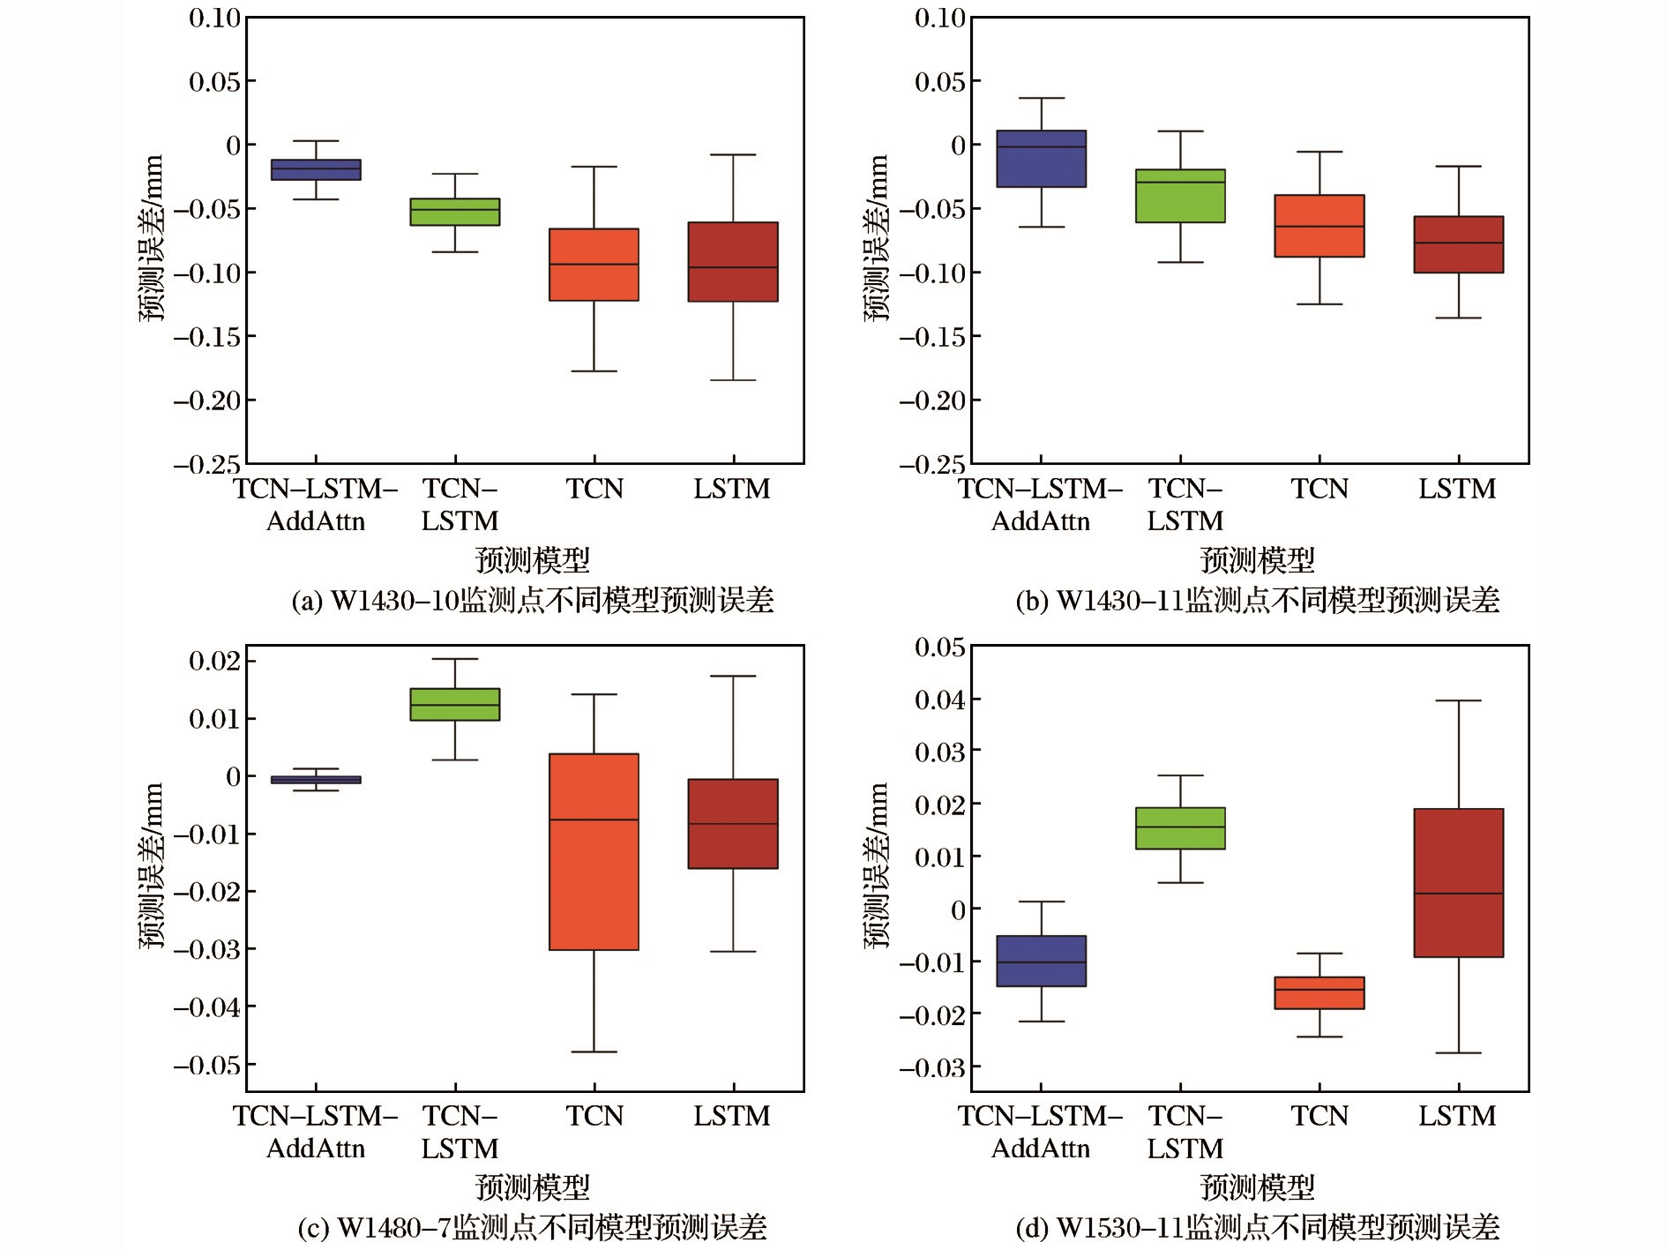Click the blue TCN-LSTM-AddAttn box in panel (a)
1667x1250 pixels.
tap(316, 169)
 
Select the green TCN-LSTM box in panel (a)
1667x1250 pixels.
tap(455, 212)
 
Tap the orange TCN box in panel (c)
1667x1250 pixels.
tap(594, 851)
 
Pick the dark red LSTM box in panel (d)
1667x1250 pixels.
tap(1458, 882)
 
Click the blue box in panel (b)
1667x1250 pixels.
tap(1041, 159)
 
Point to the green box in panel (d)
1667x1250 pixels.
tap(1180, 828)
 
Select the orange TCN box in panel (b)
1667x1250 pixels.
tap(1319, 226)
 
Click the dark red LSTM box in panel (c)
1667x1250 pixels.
tap(733, 824)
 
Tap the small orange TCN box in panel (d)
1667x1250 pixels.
tap(1319, 992)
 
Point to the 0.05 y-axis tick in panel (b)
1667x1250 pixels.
tap(940, 82)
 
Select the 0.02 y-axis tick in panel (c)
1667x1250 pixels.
tap(214, 661)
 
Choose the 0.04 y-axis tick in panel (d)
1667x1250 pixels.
tap(940, 700)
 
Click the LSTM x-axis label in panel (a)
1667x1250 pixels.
tap(732, 489)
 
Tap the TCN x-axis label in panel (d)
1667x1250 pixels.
tap(1319, 1116)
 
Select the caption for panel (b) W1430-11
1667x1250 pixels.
tap(1257, 601)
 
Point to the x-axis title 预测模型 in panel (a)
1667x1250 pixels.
tap(532, 560)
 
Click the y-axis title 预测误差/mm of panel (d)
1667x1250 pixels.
tap(877, 865)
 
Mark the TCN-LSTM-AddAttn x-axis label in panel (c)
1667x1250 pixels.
tap(316, 1132)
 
